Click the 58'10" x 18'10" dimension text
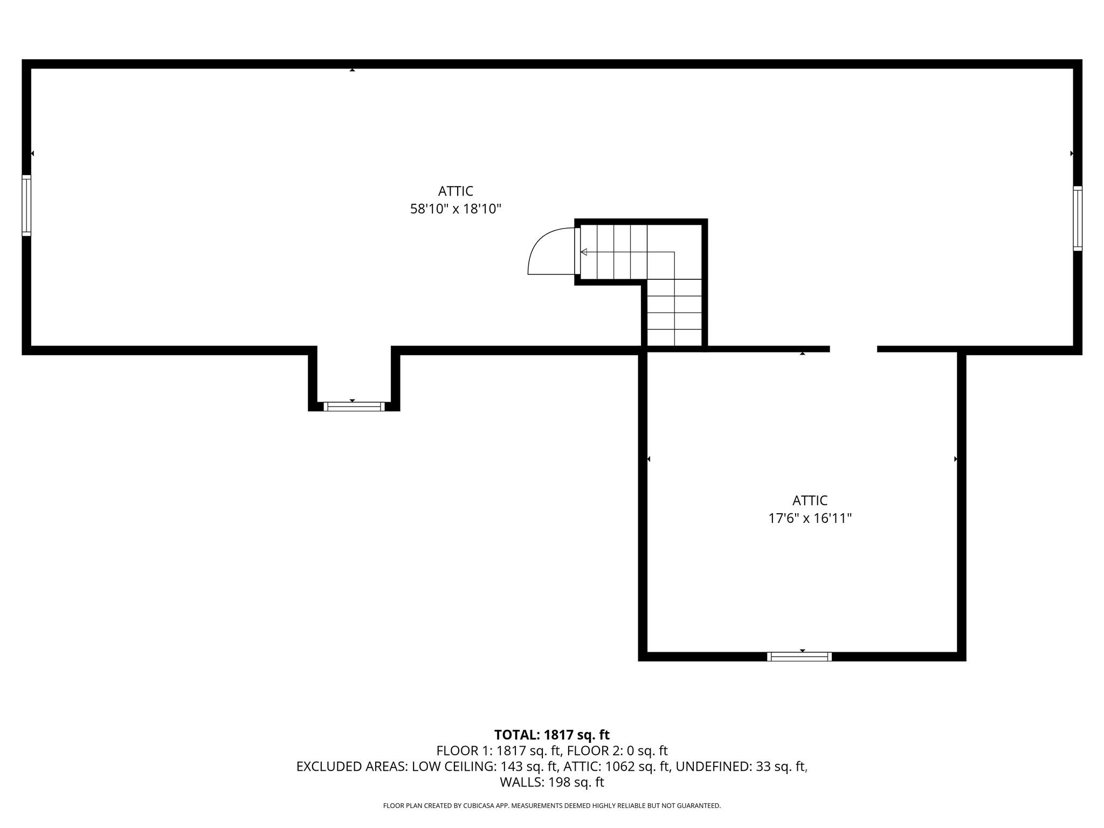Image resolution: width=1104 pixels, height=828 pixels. coord(456,209)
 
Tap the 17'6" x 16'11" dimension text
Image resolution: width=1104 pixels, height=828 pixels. coord(810,519)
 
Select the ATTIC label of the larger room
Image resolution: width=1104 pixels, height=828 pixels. coord(456,191)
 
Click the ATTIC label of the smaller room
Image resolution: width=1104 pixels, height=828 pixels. coord(810,501)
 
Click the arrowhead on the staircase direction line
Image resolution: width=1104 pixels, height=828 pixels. coord(584,252)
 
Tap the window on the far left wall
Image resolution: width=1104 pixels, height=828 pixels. coord(26,205)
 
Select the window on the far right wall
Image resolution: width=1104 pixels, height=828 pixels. coord(1078,218)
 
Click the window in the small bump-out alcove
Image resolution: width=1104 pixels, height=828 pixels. coord(354,406)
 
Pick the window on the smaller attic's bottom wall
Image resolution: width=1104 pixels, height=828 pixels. coord(799,657)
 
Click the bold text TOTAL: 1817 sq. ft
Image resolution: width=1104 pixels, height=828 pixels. coord(552,735)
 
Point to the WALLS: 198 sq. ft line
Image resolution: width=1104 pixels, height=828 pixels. coord(552,782)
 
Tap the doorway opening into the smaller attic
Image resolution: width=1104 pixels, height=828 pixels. coord(853,349)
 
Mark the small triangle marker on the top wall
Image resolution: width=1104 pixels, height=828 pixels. coord(352,70)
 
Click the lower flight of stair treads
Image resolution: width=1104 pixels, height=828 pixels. coord(674,313)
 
